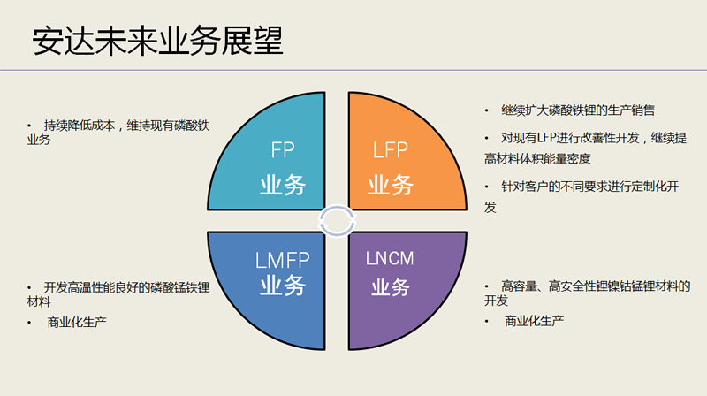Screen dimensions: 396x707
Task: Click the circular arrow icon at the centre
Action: tap(337, 220)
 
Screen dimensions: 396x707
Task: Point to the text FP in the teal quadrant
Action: tap(283, 151)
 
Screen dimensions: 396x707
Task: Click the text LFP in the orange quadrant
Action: tap(390, 151)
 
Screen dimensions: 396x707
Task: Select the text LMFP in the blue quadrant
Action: tap(281, 261)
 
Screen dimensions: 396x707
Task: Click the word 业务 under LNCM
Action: tap(390, 287)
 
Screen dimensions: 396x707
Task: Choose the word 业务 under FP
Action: tap(283, 185)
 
